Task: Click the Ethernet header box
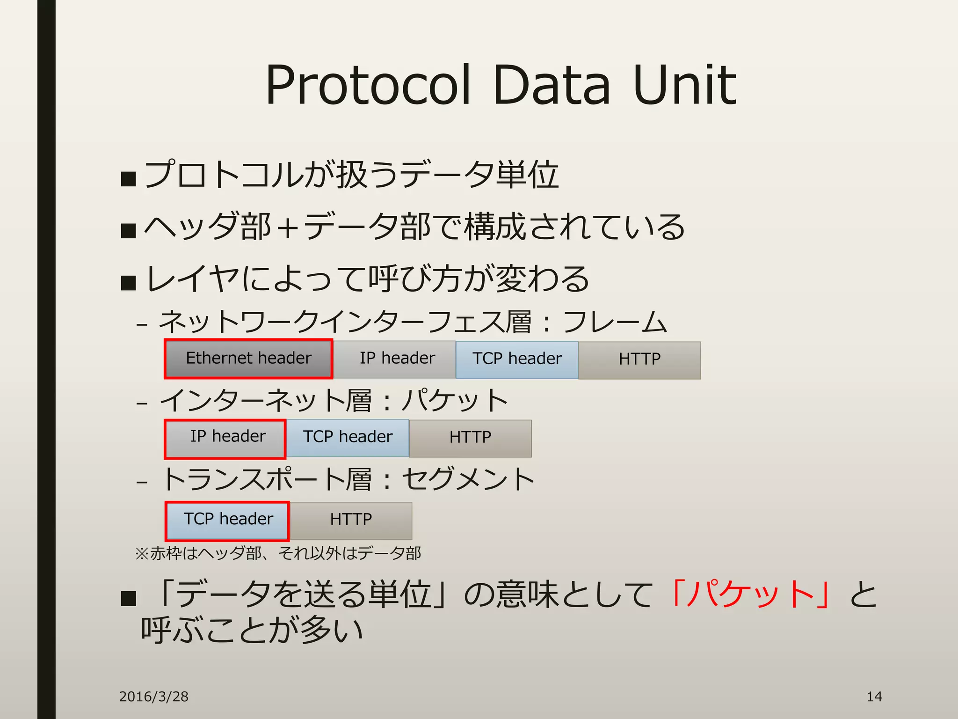pyautogui.click(x=248, y=359)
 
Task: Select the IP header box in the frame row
pyautogui.click(x=397, y=359)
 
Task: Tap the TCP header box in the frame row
pyautogui.click(x=517, y=359)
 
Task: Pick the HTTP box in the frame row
pyautogui.click(x=639, y=360)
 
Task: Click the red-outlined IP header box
pyautogui.click(x=225, y=438)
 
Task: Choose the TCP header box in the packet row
pyautogui.click(x=348, y=438)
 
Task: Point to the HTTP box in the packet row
pyautogui.click(x=470, y=438)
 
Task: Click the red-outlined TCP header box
pyautogui.click(x=227, y=520)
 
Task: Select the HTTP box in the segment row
pyautogui.click(x=351, y=520)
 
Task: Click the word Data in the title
pyautogui.click(x=552, y=85)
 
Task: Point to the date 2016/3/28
pyautogui.click(x=153, y=697)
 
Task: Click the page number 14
pyautogui.click(x=874, y=697)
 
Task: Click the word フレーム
pyautogui.click(x=615, y=322)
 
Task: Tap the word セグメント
pyautogui.click(x=468, y=479)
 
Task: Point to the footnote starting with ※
pyautogui.click(x=278, y=553)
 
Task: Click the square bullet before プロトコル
pyautogui.click(x=128, y=178)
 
